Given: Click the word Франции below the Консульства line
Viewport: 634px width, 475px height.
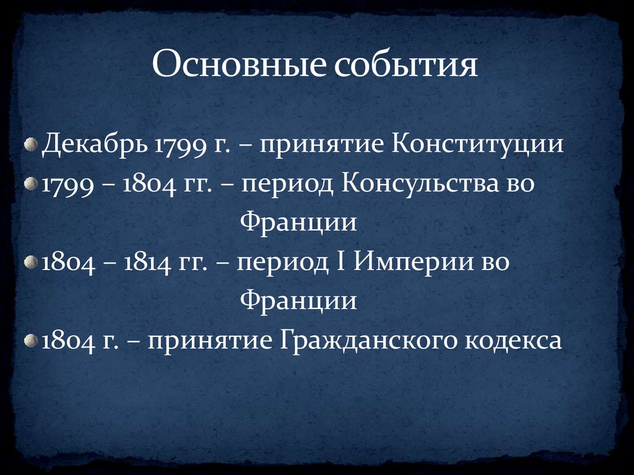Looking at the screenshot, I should (x=298, y=222).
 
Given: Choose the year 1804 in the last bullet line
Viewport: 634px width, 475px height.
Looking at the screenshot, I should (x=66, y=340).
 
